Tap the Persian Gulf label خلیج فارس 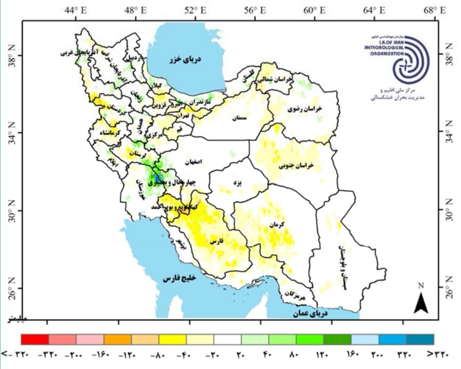pos(180,278)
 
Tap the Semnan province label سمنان pos(239,118)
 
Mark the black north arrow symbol pos(421,303)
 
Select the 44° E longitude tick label pos(75,10)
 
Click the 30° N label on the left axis pos(10,211)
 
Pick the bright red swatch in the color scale pos(35,339)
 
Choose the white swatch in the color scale pos(227,339)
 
